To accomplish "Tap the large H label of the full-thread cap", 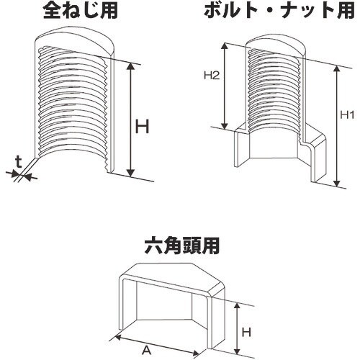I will pyautogui.click(x=144, y=127).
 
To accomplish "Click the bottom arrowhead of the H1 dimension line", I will pyautogui.click(x=336, y=184).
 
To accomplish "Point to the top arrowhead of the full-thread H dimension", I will pyautogui.click(x=130, y=65).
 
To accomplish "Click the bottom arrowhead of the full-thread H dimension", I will pyautogui.click(x=130, y=174).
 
